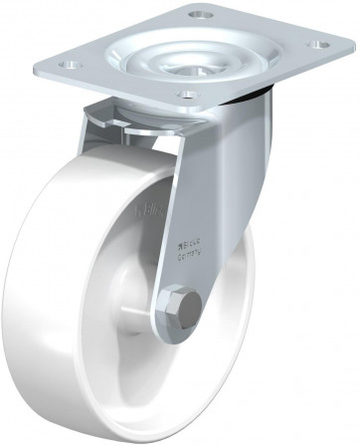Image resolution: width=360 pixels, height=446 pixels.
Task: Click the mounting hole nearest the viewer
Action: tap(185, 94)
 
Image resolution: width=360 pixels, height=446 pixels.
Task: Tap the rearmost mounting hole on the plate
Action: tap(205, 15)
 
